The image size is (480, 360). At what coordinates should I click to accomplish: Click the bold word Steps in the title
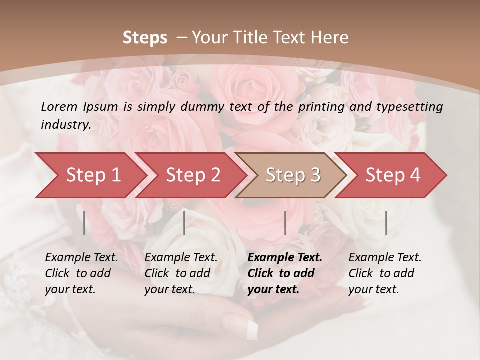pos(145,38)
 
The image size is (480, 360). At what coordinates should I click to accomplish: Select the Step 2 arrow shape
pos(193,175)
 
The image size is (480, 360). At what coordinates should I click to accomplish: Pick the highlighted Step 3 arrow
pos(293,175)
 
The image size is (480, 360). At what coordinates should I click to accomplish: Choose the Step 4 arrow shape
pos(393,175)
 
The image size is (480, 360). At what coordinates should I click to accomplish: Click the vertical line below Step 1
pos(84,223)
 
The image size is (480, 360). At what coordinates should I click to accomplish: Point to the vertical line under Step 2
pos(184,223)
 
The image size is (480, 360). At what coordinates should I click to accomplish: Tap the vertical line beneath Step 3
pos(285,223)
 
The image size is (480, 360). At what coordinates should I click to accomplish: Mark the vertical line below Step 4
pos(386,223)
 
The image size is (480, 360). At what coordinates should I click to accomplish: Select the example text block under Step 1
pos(81,273)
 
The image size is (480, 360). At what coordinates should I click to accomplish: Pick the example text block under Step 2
pos(181,273)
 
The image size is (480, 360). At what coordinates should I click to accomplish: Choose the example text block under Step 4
pos(385,273)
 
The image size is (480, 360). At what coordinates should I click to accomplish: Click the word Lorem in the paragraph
pos(59,106)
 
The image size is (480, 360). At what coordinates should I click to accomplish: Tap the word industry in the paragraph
pos(66,125)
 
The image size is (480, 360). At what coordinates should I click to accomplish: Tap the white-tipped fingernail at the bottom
pos(247,325)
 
